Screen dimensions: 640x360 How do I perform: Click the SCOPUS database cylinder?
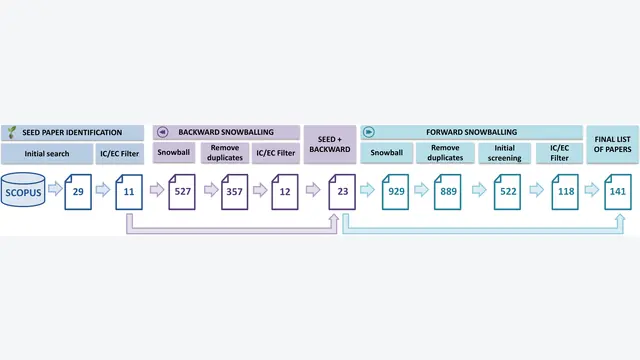coord(23,189)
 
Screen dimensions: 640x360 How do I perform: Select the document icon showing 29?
coord(78,192)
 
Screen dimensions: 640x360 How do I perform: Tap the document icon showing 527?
coord(182,192)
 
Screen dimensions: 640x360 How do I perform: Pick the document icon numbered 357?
coord(234,192)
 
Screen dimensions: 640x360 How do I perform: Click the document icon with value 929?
coord(396,192)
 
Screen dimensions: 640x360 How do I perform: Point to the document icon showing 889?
coord(448,192)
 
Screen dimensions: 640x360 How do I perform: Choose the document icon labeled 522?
coord(507,192)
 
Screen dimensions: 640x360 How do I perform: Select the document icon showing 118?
coord(565,192)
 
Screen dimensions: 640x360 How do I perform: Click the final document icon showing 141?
coord(618,192)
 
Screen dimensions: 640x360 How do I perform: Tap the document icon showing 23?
coord(342,192)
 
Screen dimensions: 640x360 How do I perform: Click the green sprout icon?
coord(12,132)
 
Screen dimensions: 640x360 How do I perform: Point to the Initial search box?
coord(47,153)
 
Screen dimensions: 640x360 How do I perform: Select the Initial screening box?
coord(504,153)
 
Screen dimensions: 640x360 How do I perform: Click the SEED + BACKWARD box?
coord(330,144)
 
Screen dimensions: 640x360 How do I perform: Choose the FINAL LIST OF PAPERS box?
coord(613,144)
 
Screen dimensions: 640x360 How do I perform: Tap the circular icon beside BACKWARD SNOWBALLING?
coord(162,132)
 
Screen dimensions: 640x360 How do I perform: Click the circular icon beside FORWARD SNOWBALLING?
coord(369,132)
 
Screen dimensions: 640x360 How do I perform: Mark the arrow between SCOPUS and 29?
coord(55,189)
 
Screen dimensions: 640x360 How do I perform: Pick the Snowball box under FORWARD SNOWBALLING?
coord(387,153)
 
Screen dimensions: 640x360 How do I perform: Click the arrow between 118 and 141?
coord(592,190)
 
